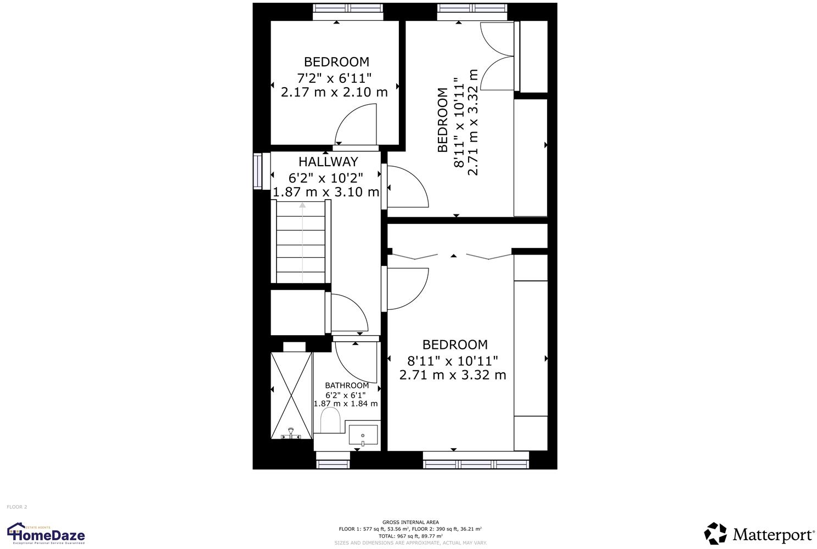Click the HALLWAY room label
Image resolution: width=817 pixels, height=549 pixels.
(328, 162)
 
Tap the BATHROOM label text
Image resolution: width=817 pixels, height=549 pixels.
(347, 386)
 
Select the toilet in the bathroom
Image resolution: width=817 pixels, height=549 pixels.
(331, 422)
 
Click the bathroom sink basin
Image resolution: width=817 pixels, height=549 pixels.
(363, 435)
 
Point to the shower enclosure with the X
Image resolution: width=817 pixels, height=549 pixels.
(291, 395)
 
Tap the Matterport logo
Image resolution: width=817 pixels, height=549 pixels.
(759, 534)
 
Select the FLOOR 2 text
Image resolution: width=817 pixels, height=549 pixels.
(16, 507)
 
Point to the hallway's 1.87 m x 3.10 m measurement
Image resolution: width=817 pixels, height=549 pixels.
(326, 192)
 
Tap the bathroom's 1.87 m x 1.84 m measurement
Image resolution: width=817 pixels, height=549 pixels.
(346, 404)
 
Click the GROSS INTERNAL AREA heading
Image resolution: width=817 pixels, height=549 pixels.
(410, 522)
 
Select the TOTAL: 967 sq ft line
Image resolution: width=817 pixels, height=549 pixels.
(410, 536)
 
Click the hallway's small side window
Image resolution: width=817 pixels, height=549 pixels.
(257, 171)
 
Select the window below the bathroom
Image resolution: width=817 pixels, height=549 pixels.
(333, 464)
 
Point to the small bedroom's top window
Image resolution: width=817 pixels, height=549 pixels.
(347, 8)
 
